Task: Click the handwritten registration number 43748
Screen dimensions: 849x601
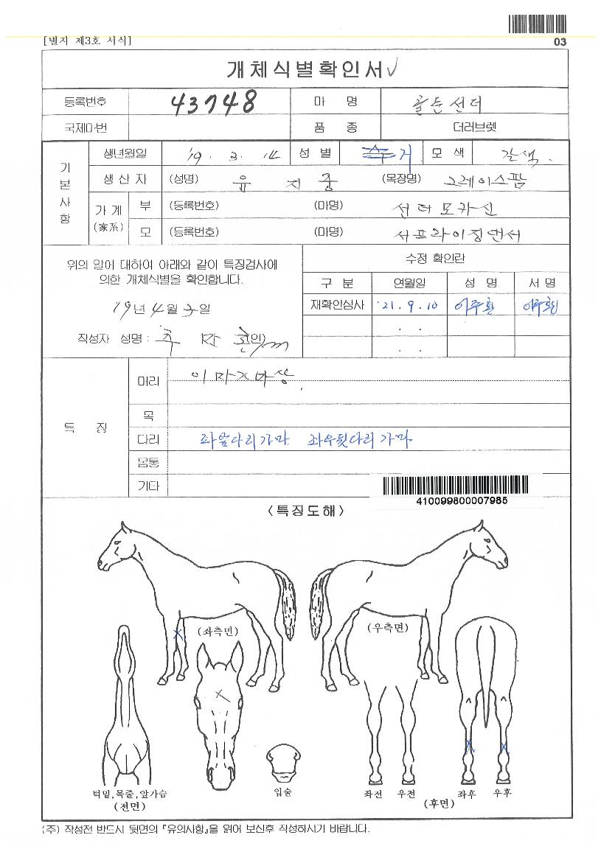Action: point(214,102)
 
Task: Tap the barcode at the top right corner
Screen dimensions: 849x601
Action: point(538,24)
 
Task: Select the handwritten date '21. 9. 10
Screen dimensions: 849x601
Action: point(410,305)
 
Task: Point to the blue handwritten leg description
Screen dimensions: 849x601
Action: point(305,440)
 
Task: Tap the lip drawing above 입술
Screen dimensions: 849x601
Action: point(283,763)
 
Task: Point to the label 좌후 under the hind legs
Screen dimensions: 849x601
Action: point(466,794)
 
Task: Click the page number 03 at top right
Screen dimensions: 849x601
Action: point(560,42)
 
